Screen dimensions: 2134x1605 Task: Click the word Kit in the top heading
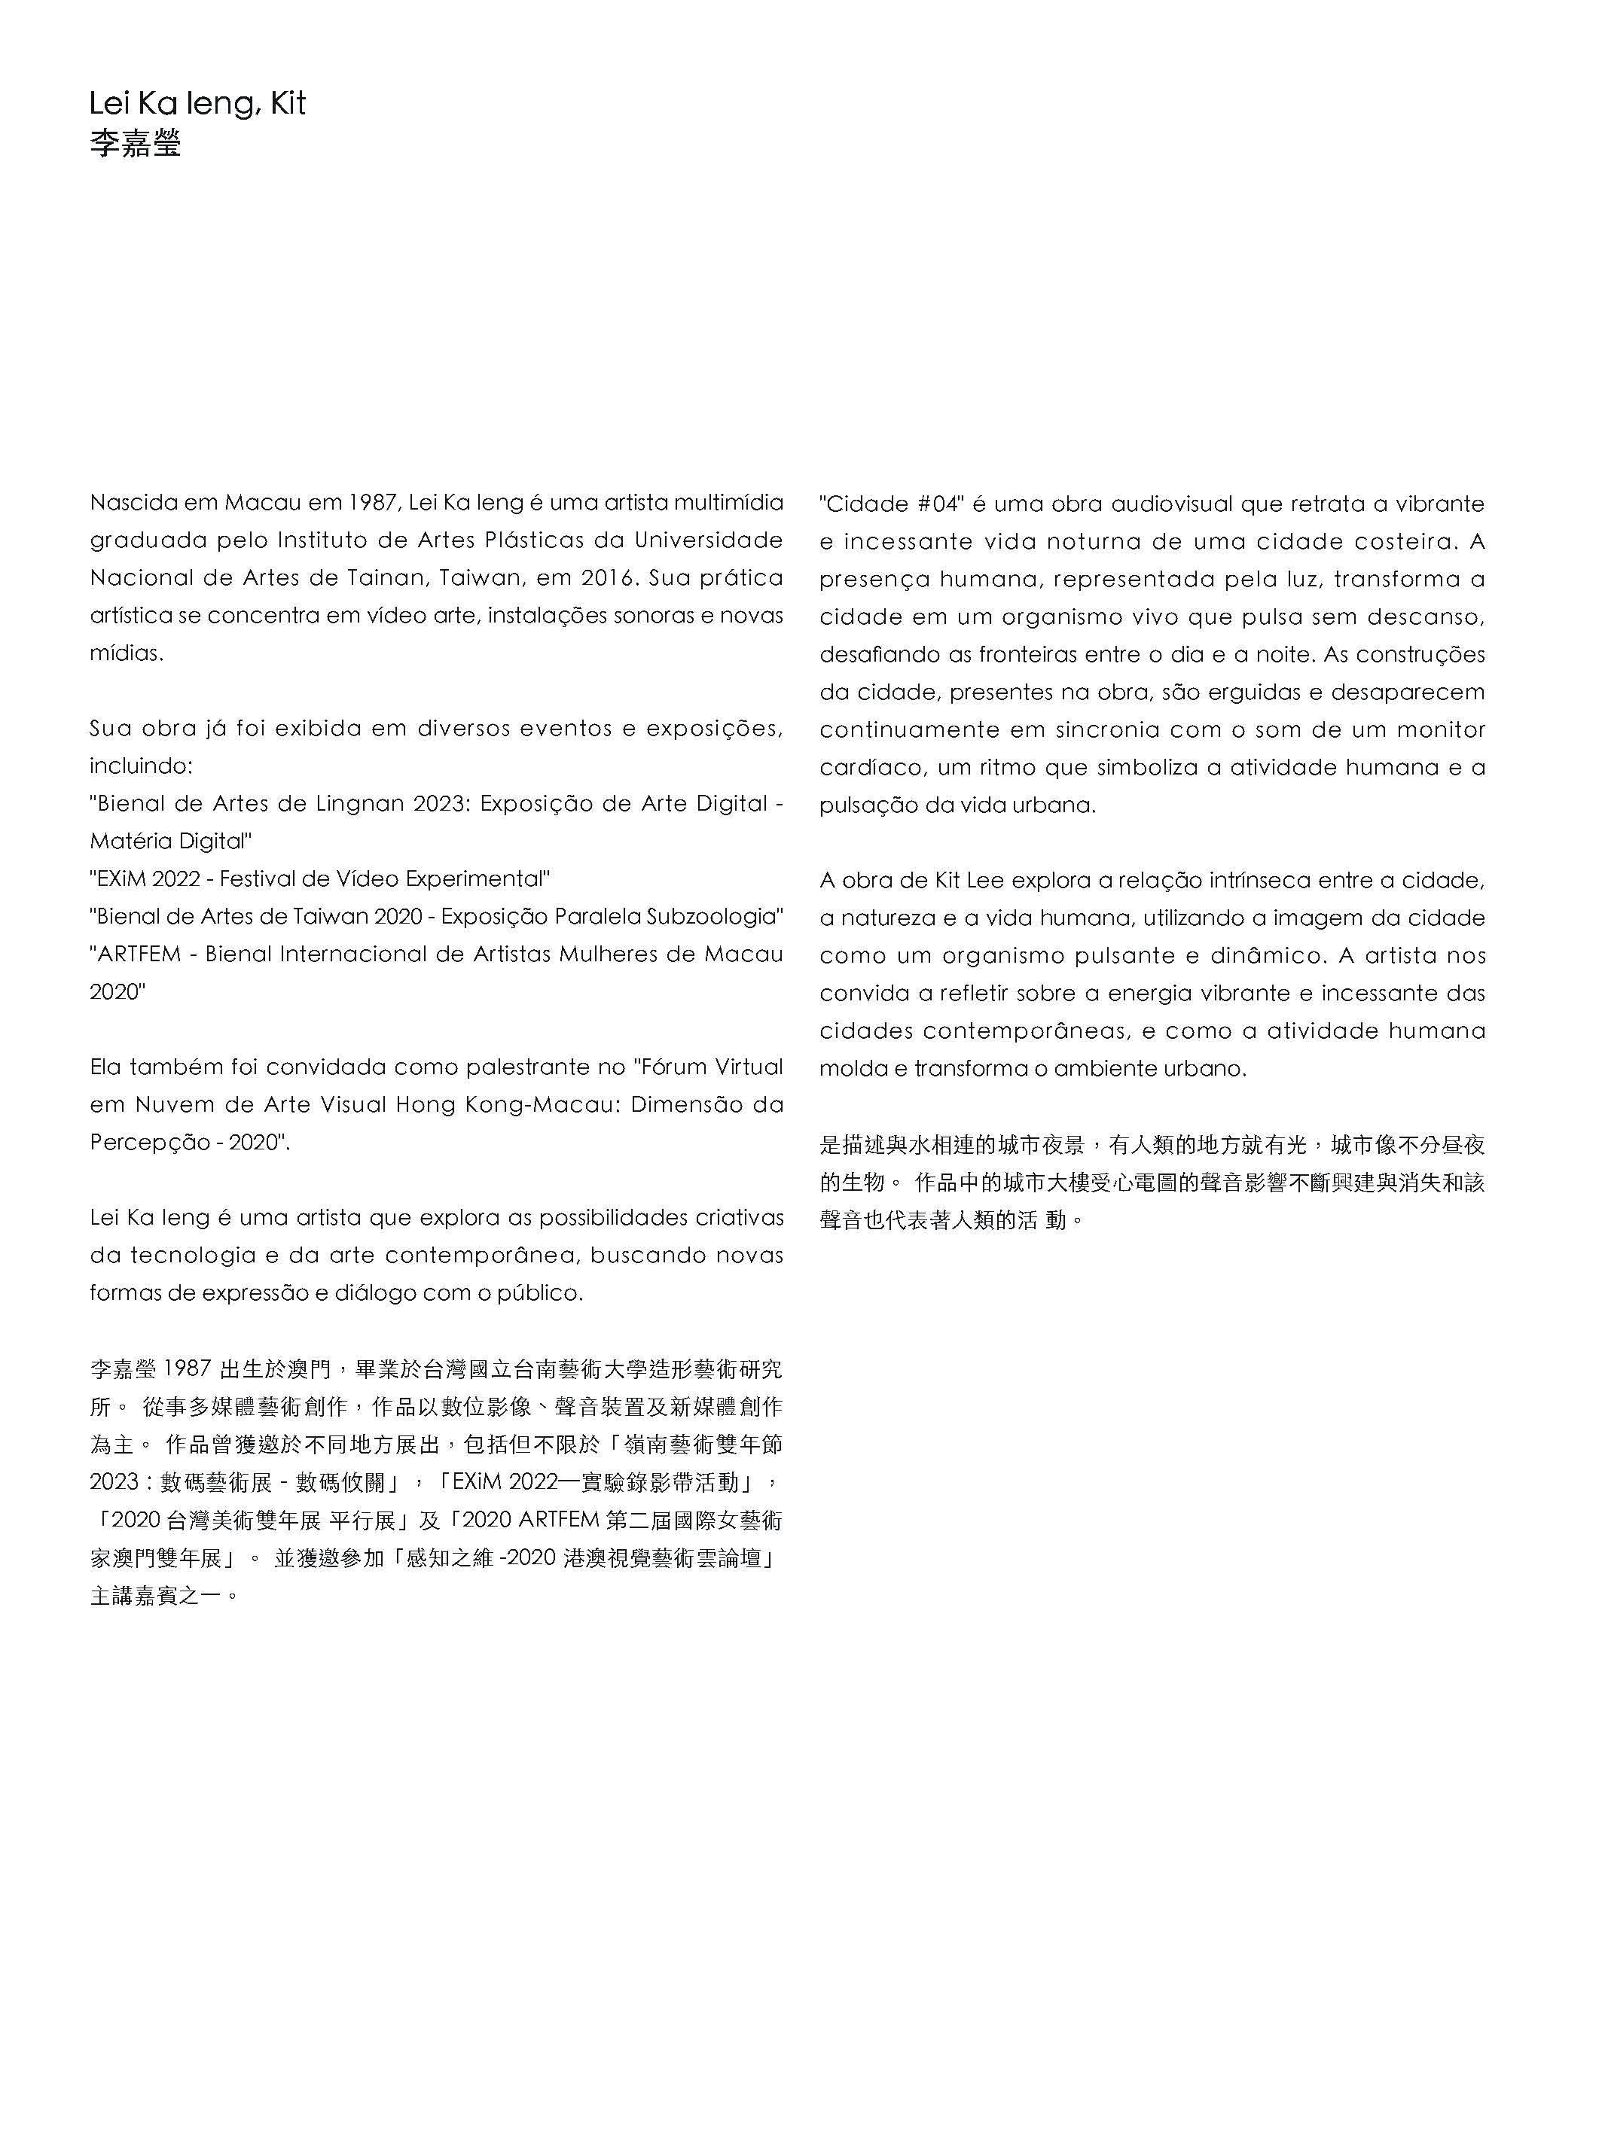[x=287, y=103]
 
